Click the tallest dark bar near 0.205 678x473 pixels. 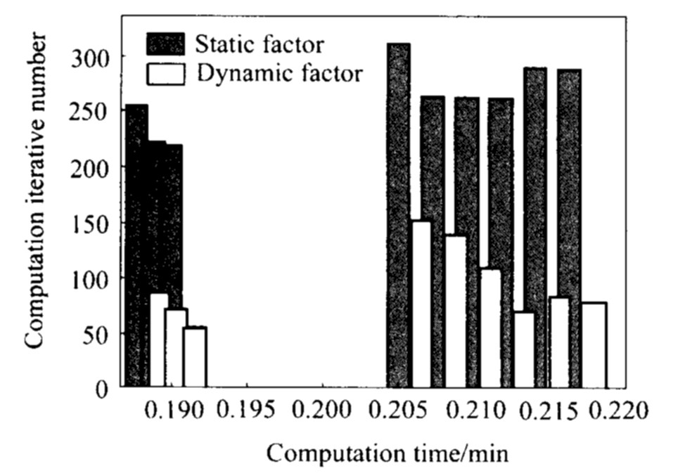coord(399,214)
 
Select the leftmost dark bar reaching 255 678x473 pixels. coord(136,246)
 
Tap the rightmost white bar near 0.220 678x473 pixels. coord(594,344)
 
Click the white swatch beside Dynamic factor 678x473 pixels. coord(165,72)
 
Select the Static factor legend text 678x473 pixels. coord(260,45)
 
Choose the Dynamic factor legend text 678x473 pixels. coord(281,72)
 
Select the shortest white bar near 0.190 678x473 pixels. coord(194,357)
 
